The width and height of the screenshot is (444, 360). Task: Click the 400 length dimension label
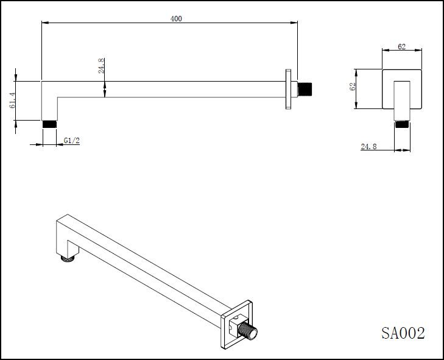[x=176, y=19]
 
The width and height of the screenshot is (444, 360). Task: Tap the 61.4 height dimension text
[x=12, y=101]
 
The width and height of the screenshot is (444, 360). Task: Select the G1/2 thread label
[x=72, y=141]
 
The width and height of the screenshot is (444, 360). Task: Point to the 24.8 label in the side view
[x=102, y=66]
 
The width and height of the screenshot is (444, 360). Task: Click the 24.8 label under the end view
[x=370, y=146]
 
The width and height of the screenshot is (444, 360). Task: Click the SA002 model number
[x=403, y=333]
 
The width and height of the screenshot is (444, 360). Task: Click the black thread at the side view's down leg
[x=49, y=124]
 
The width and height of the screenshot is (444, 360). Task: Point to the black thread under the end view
[x=401, y=124]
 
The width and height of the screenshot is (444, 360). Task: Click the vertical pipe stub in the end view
[x=401, y=101]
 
